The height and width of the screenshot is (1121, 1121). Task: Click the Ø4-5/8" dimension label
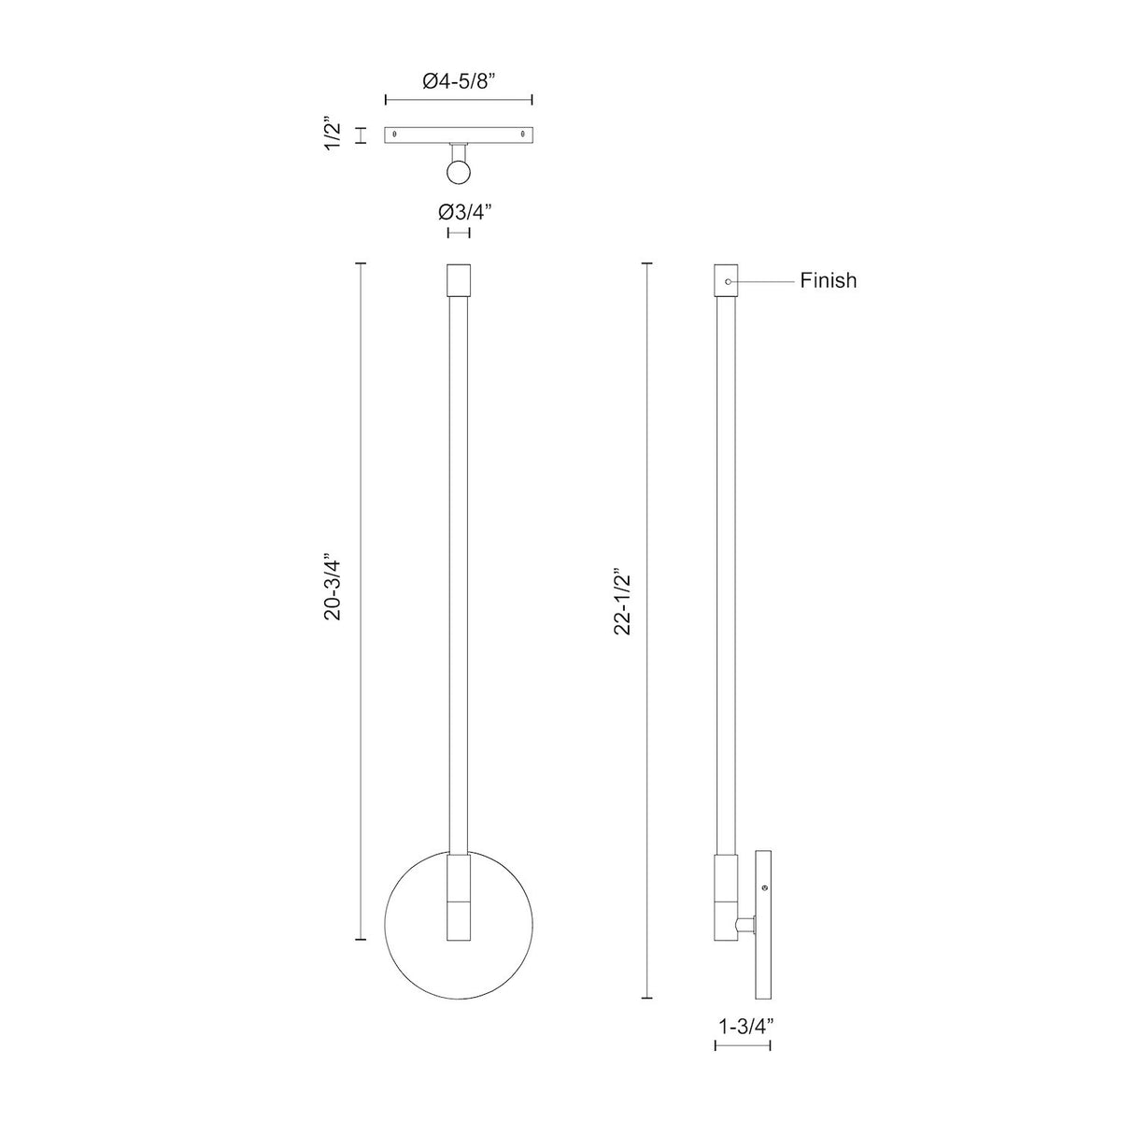pyautogui.click(x=459, y=81)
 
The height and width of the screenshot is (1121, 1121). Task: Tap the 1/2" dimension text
pyautogui.click(x=335, y=135)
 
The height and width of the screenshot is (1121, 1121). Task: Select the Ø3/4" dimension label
pyautogui.click(x=459, y=212)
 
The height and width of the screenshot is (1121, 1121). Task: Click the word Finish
pyautogui.click(x=828, y=280)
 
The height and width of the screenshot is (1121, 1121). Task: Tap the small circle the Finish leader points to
pyautogui.click(x=728, y=281)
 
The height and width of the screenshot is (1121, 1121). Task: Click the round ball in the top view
pyautogui.click(x=459, y=172)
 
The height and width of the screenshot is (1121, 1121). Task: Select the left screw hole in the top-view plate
pyautogui.click(x=395, y=134)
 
